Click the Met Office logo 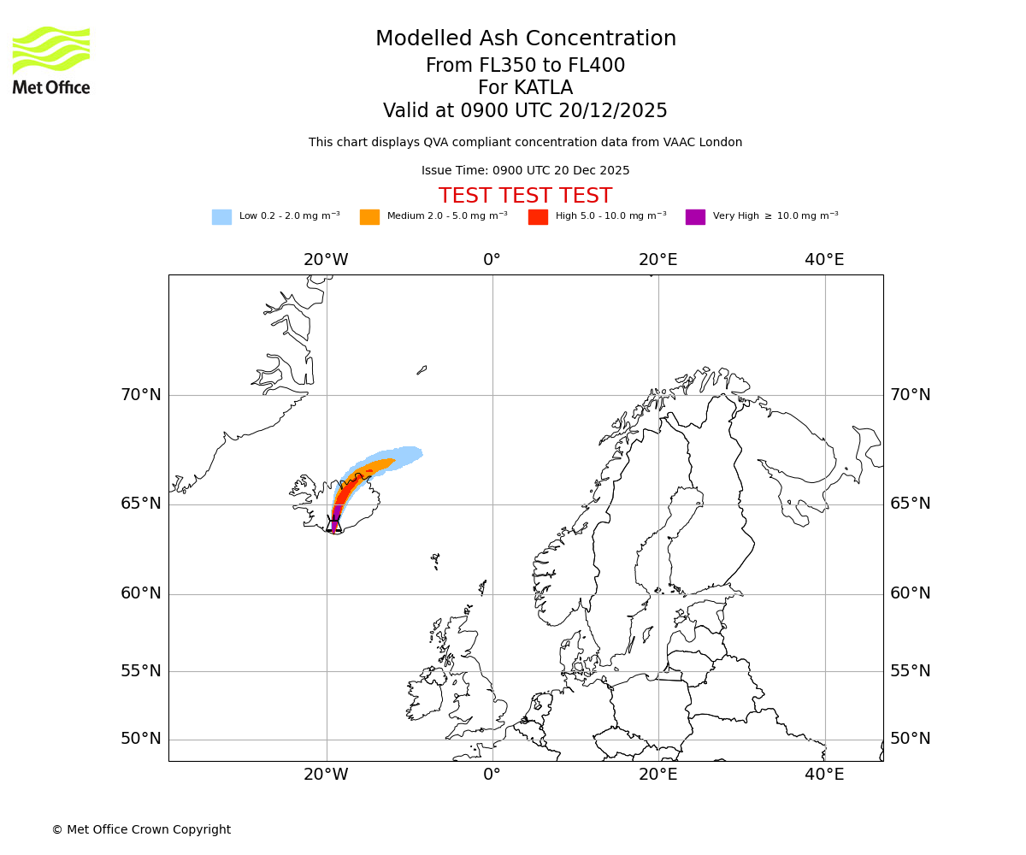coord(51,60)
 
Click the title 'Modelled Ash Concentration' coord(525,39)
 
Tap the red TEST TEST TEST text coord(525,196)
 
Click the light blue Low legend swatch coord(221,217)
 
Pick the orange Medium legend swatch coord(369,217)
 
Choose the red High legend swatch coord(538,217)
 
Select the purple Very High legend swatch coord(695,217)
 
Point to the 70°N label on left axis coord(140,395)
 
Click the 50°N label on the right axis coord(910,739)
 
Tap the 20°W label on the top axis coord(326,260)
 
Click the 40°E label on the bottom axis coord(824,775)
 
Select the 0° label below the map coord(492,775)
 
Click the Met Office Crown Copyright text coord(141,829)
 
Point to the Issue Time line coord(525,171)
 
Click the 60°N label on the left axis coord(140,593)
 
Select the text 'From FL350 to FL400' coord(525,66)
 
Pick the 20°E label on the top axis coord(657,260)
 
